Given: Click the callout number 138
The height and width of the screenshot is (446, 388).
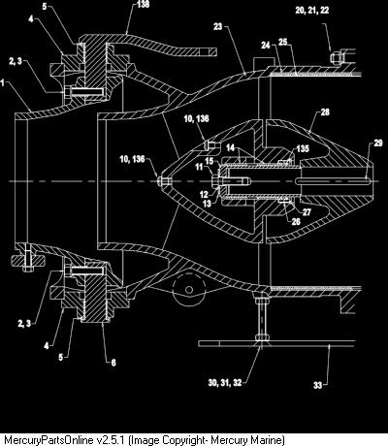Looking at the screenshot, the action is [143, 5].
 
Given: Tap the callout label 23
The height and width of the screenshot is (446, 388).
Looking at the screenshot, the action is [218, 26].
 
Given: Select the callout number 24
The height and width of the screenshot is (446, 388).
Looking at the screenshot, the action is [266, 46].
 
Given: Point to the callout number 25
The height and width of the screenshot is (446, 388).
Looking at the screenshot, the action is [283, 42].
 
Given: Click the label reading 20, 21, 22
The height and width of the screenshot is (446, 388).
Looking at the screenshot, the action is [312, 10].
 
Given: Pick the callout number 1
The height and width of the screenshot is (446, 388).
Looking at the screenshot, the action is [3, 83].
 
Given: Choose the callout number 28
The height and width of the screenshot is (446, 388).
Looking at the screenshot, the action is [325, 112].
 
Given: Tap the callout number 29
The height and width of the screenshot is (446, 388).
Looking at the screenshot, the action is [378, 143].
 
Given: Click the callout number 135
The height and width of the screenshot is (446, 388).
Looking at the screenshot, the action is [303, 148].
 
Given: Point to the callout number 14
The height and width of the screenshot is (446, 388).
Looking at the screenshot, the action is [230, 147].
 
